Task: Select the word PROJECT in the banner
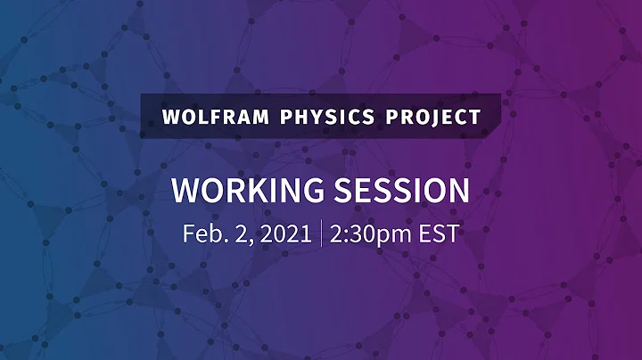tap(439, 117)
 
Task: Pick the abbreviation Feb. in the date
tap(202, 233)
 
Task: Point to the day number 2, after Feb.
tap(237, 233)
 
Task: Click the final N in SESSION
tap(459, 191)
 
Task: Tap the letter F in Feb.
tap(188, 233)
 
